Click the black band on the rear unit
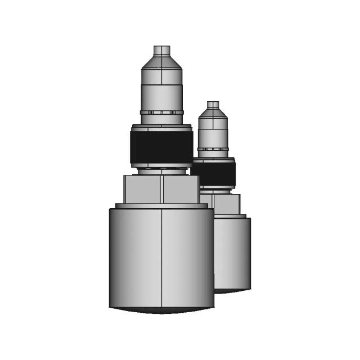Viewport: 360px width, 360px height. point(217,173)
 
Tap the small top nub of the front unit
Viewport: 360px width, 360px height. point(162,50)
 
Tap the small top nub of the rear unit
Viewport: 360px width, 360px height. point(213,105)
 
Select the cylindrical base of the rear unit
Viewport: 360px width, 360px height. point(233,253)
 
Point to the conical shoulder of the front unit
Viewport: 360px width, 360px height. point(162,61)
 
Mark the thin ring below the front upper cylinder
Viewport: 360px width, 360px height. point(162,112)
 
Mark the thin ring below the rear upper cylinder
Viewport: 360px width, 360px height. point(213,149)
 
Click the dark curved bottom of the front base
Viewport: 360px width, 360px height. point(162,310)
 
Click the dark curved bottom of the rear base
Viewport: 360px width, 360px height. point(232,291)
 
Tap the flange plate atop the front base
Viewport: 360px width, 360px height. point(162,206)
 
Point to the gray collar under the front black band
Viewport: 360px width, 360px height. point(162,167)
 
